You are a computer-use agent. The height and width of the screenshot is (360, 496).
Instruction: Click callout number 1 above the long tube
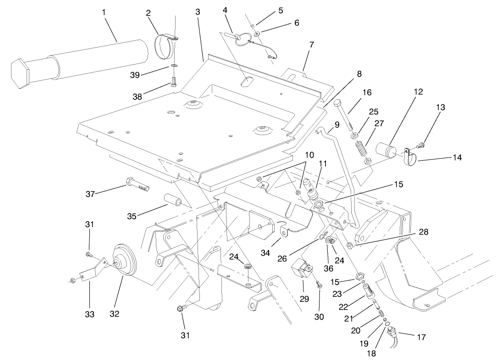(104, 12)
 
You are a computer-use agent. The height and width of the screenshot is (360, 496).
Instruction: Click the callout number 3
(198, 12)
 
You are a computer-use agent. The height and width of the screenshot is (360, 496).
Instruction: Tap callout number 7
(311, 45)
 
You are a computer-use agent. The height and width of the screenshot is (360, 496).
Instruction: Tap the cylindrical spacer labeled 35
(173, 202)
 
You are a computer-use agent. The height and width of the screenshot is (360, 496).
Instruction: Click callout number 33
(89, 314)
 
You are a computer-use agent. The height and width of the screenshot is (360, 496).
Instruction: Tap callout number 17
(421, 338)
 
